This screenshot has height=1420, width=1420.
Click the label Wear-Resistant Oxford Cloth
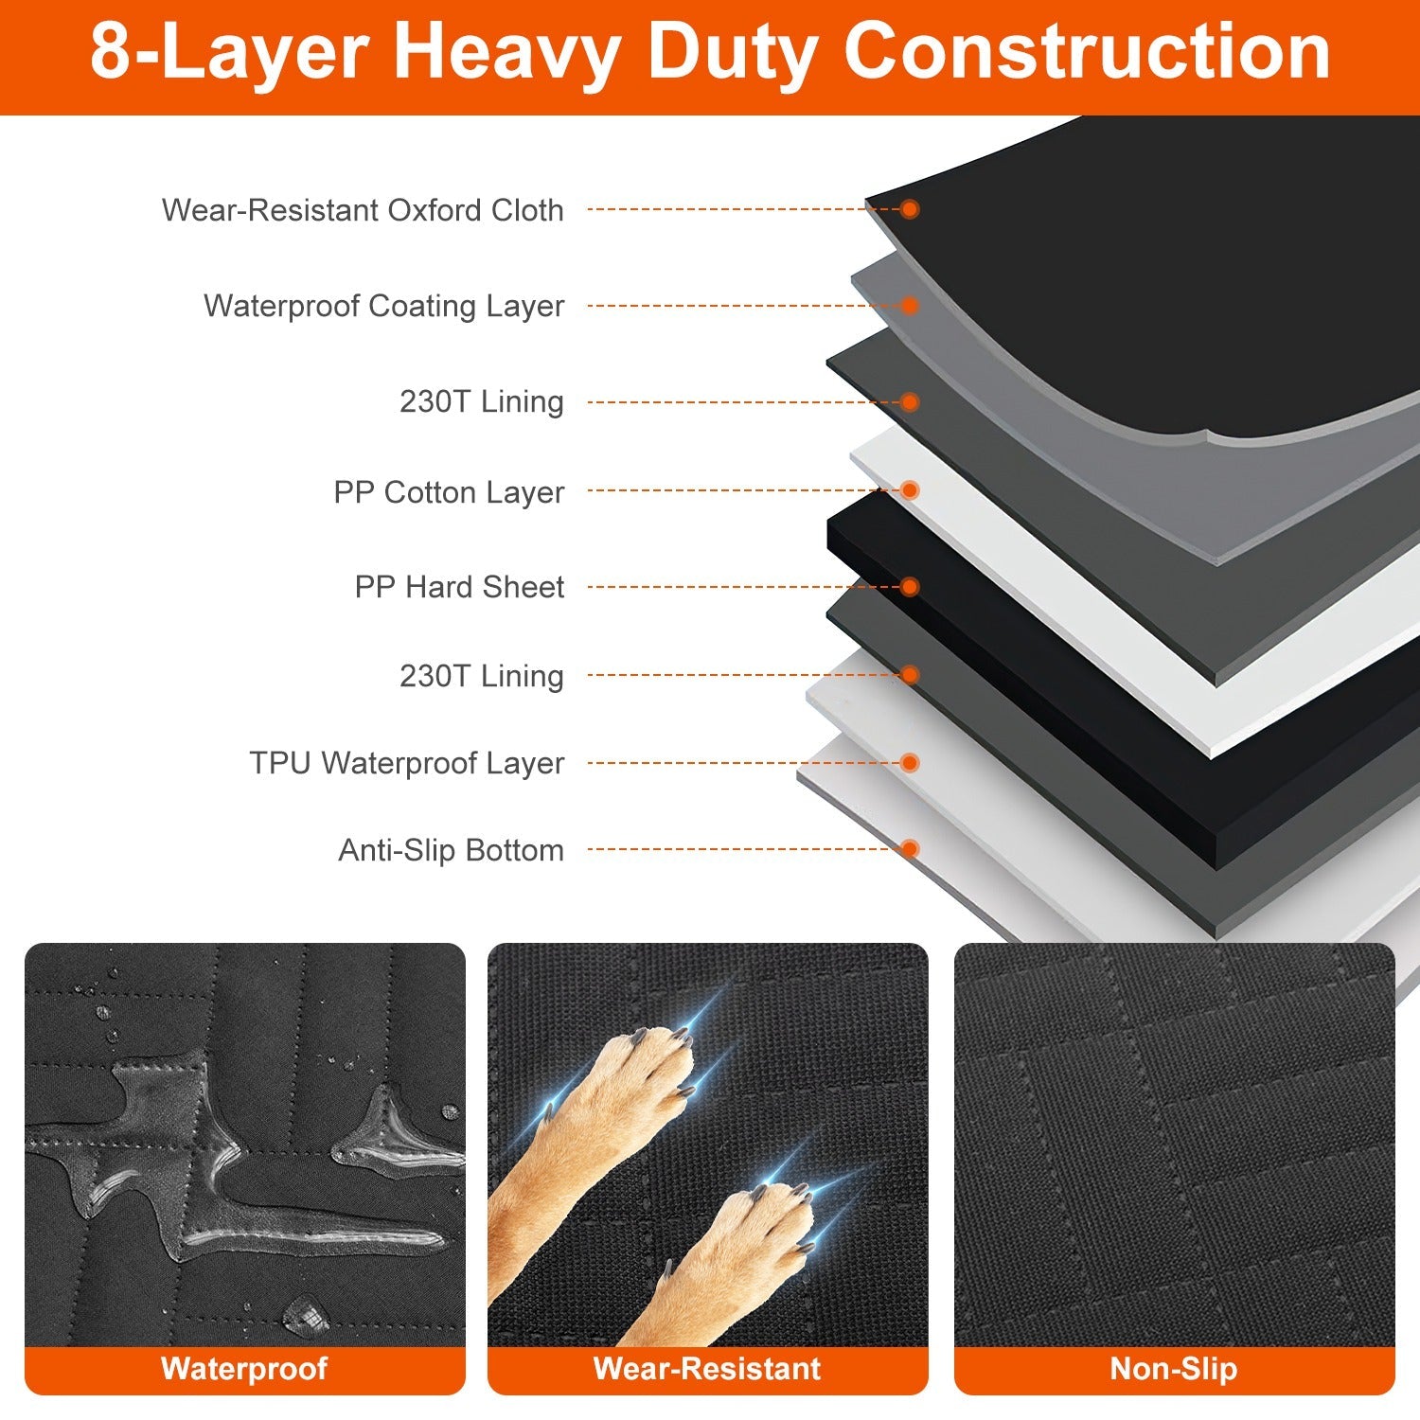click(363, 210)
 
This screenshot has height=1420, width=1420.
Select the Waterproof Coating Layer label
click(383, 306)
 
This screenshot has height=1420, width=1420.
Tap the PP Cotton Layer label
click(449, 492)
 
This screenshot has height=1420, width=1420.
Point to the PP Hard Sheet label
click(459, 587)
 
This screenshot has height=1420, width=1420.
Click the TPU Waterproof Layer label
click(407, 763)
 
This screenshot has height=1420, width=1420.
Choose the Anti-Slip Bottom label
click(451, 850)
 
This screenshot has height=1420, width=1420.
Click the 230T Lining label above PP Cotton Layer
click(481, 401)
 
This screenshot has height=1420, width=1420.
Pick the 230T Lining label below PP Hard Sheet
click(481, 676)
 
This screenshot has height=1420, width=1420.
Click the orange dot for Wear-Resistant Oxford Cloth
click(910, 209)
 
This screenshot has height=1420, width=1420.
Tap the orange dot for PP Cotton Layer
click(910, 490)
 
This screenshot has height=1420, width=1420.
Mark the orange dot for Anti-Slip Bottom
click(910, 849)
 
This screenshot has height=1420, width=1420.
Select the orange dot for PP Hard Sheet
click(910, 587)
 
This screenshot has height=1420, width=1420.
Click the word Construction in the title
click(1086, 52)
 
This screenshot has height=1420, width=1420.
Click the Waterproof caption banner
click(244, 1369)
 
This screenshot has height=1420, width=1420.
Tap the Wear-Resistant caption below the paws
click(707, 1369)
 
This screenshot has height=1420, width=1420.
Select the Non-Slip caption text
click(1174, 1369)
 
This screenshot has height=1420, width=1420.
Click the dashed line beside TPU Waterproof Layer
click(738, 763)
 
